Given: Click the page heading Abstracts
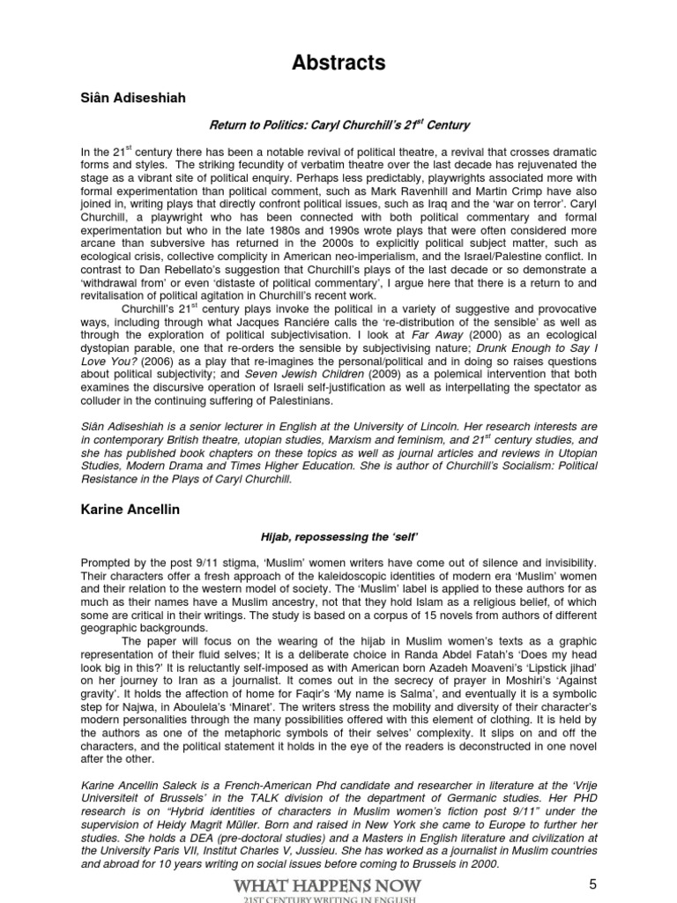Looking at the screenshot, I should point(338,63).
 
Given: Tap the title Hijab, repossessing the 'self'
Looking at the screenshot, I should point(338,535).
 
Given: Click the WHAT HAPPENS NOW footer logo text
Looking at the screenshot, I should point(339,884).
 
